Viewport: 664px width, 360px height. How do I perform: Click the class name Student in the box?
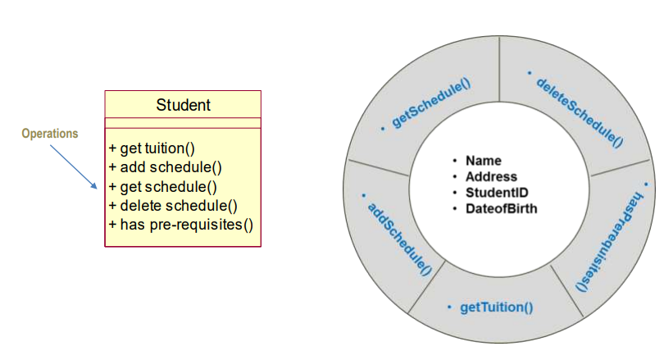coord(183,105)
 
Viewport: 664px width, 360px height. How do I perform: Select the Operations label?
coord(50,134)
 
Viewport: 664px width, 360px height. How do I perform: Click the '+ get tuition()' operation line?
coord(152,148)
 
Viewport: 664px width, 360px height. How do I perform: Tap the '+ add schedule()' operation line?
coord(165,167)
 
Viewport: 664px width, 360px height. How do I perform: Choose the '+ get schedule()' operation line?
coord(162,186)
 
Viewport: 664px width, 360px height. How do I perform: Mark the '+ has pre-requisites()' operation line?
coord(180,224)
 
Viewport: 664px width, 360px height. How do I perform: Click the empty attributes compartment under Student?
coord(183,123)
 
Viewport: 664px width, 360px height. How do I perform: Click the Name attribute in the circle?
coord(483,161)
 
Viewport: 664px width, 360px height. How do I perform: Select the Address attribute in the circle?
coord(491,176)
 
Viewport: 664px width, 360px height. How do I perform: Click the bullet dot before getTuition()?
coord(449,308)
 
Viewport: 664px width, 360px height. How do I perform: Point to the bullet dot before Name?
coord(454,161)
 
